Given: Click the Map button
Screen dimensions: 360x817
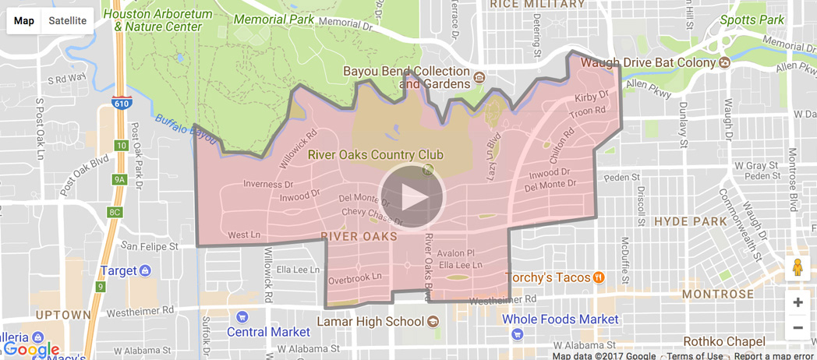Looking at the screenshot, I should pyautogui.click(x=24, y=21).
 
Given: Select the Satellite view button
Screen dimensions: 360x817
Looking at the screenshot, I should pyautogui.click(x=67, y=21).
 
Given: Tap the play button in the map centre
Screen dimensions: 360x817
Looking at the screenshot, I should pyautogui.click(x=412, y=198).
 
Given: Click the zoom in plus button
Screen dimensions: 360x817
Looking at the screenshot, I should pyautogui.click(x=798, y=302).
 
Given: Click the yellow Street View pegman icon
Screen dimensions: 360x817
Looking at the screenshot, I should pyautogui.click(x=798, y=267).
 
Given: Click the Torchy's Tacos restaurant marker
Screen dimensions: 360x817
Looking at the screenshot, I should pyautogui.click(x=599, y=277).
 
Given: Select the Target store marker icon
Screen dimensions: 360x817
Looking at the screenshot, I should pyautogui.click(x=145, y=270).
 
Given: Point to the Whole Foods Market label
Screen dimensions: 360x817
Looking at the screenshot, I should pyautogui.click(x=560, y=319).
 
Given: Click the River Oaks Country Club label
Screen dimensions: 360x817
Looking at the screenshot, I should pyautogui.click(x=376, y=155).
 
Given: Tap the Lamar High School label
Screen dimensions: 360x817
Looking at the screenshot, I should pyautogui.click(x=370, y=321).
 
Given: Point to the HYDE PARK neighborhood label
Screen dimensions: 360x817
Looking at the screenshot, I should pyautogui.click(x=690, y=221).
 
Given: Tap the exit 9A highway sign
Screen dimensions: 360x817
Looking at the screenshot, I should pyautogui.click(x=119, y=179).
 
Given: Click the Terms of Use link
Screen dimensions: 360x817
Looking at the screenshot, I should pyautogui.click(x=695, y=356).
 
